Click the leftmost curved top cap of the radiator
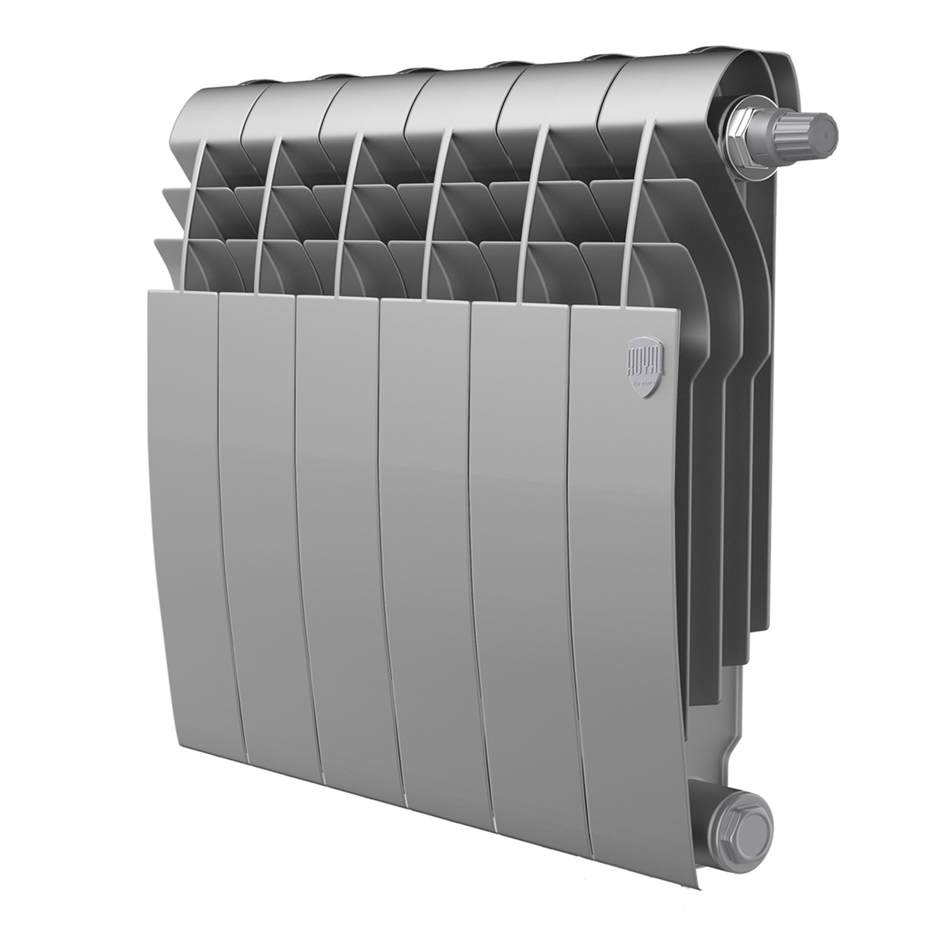212,109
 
